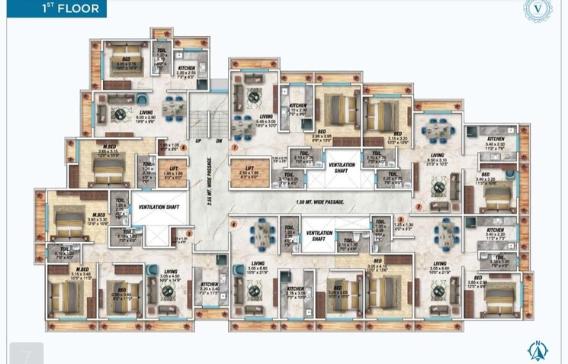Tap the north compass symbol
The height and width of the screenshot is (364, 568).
[538, 350]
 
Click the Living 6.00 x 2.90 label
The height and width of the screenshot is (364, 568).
[147, 118]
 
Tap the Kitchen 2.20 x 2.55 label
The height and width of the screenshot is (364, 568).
[187, 73]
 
